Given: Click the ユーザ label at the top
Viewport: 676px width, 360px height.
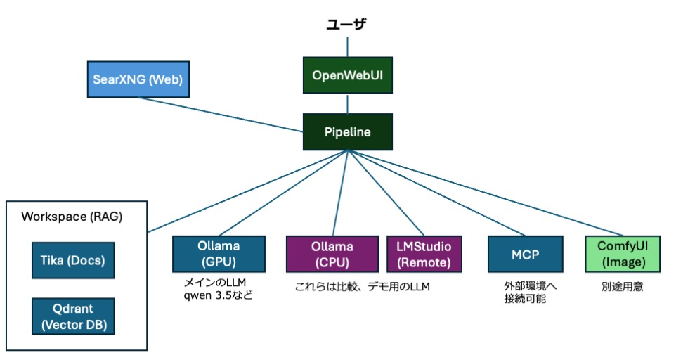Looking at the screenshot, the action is (x=346, y=24).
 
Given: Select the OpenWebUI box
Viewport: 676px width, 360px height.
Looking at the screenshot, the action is (x=347, y=75).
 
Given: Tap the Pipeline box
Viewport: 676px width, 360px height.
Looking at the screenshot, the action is (x=347, y=132).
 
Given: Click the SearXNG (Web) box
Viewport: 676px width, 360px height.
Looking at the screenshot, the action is (x=138, y=79).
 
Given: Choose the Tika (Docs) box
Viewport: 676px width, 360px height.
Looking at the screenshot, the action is (x=73, y=260).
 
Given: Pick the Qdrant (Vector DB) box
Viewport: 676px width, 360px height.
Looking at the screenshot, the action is (x=73, y=316).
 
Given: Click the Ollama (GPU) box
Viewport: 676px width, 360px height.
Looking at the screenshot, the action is (x=219, y=254).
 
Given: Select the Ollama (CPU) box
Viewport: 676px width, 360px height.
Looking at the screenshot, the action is (x=332, y=254).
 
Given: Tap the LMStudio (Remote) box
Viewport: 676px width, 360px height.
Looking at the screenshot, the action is (x=424, y=254).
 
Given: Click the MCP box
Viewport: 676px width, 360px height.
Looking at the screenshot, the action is (x=525, y=254).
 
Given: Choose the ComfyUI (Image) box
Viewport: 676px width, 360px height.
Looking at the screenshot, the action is (x=623, y=254).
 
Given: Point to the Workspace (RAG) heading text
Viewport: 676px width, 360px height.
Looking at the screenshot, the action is (x=72, y=217).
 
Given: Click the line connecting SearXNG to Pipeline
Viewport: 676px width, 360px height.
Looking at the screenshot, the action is (x=220, y=115).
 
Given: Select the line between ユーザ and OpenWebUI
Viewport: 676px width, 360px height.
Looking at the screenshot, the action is (x=347, y=47).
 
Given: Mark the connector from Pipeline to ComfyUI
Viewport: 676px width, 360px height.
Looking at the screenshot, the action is (x=485, y=193).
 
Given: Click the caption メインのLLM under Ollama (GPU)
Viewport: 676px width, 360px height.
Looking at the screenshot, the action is (x=215, y=283).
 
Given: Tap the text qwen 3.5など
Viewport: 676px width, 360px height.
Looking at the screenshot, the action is (x=218, y=296).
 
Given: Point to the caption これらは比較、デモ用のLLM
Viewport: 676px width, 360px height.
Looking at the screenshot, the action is (x=362, y=287).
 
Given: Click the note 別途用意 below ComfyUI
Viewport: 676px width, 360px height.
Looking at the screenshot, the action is (x=622, y=287).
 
